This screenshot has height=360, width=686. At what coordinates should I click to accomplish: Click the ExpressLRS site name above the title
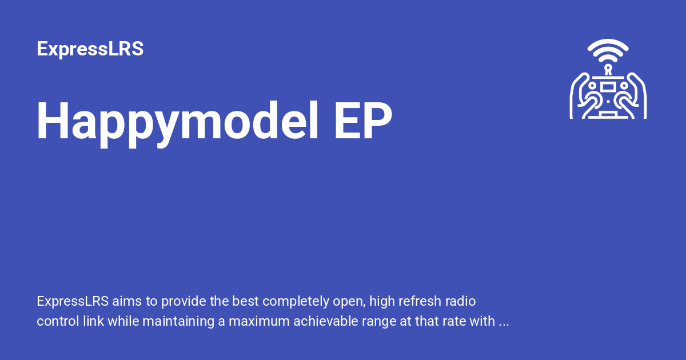tap(90, 49)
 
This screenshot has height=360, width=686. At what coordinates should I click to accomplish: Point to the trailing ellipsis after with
tap(504, 322)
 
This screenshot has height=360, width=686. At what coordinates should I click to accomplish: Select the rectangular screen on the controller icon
tap(608, 86)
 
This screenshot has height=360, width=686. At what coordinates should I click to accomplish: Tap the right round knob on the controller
tap(624, 86)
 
